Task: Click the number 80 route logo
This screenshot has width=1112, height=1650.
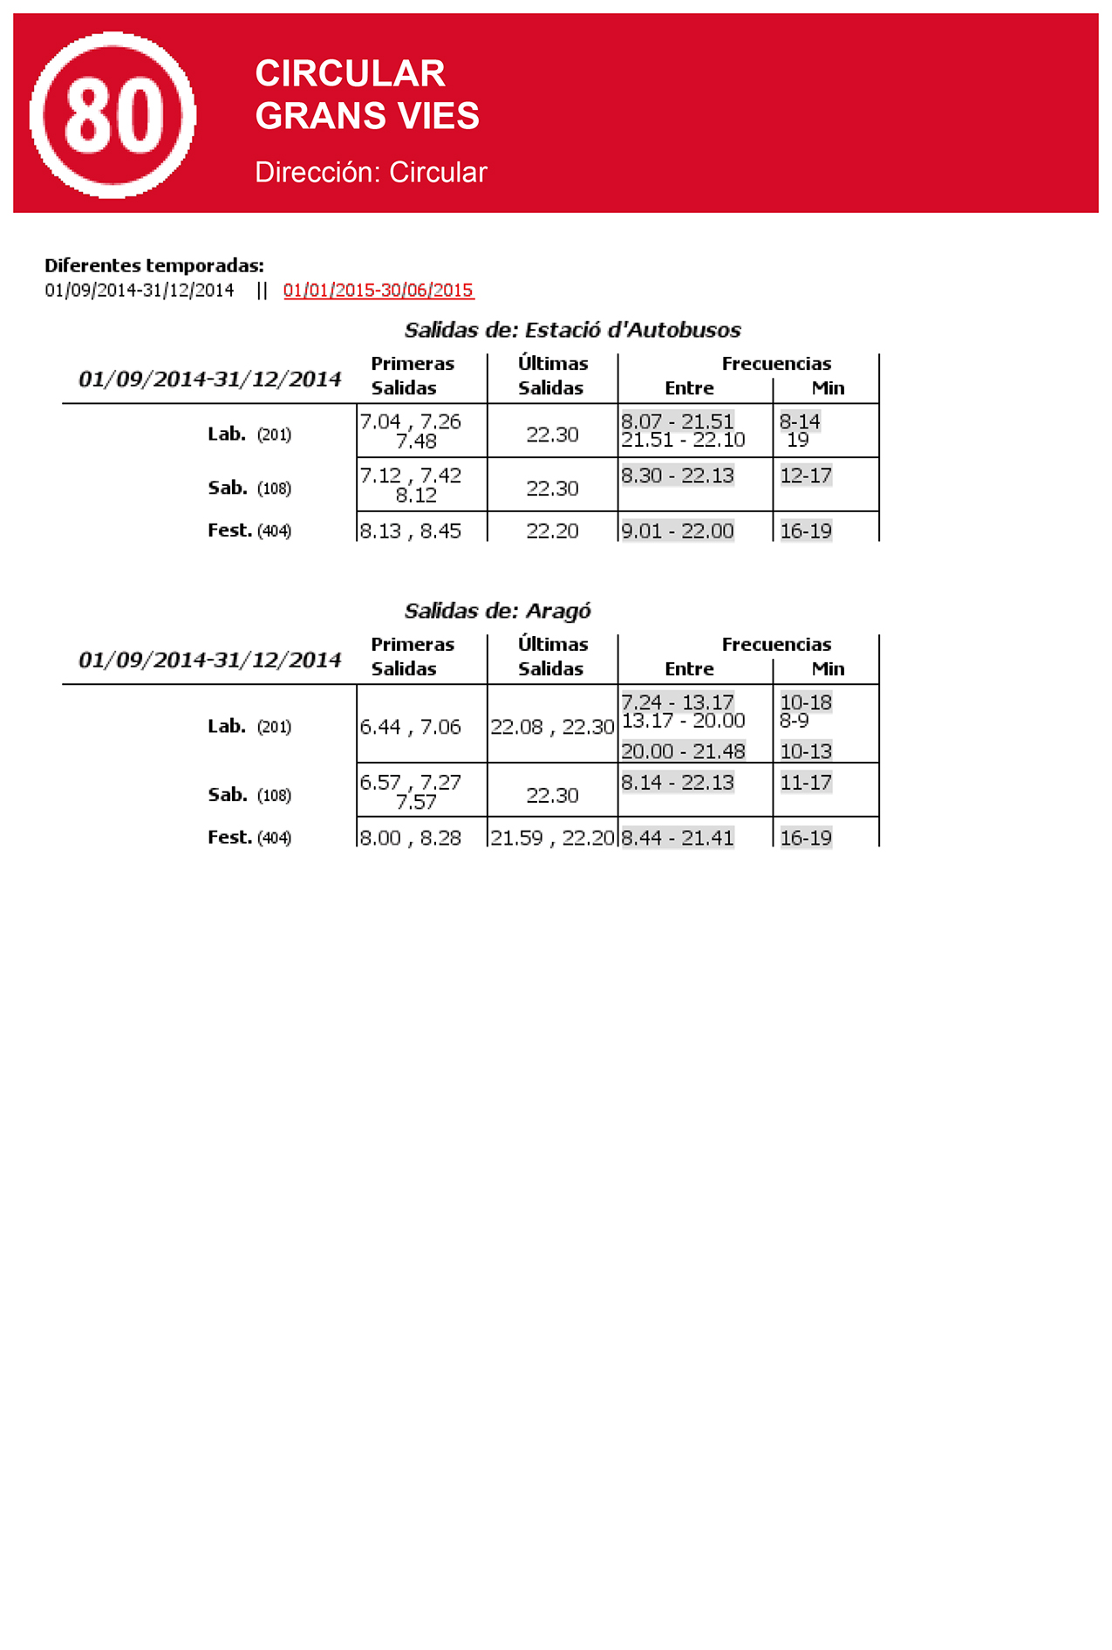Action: click(113, 115)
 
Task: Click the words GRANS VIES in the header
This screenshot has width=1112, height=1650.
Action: click(367, 116)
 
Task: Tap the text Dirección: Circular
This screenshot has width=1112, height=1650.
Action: click(371, 173)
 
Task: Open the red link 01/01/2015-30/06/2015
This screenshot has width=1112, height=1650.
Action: click(379, 291)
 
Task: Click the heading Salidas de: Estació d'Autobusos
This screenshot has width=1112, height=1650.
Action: click(572, 330)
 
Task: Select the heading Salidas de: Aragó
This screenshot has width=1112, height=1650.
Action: click(497, 611)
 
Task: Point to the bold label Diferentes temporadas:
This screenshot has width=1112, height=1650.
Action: click(154, 265)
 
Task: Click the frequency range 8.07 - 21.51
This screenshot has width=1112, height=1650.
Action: click(678, 421)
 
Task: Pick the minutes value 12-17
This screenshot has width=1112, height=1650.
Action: click(806, 476)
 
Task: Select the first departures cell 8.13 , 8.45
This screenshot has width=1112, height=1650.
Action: click(411, 531)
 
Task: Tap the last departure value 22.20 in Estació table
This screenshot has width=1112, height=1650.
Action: click(552, 531)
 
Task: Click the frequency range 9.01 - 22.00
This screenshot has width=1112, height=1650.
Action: click(678, 531)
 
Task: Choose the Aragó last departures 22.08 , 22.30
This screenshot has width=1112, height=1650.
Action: click(552, 727)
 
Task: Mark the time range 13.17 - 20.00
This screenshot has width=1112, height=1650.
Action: click(683, 721)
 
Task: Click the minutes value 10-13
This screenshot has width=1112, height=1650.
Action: click(806, 751)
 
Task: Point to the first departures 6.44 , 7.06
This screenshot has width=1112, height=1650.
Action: click(411, 727)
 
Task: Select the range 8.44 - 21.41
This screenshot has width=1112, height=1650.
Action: click(678, 838)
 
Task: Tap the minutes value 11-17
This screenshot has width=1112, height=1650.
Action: click(806, 783)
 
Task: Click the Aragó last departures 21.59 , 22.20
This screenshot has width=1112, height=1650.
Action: click(552, 838)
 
